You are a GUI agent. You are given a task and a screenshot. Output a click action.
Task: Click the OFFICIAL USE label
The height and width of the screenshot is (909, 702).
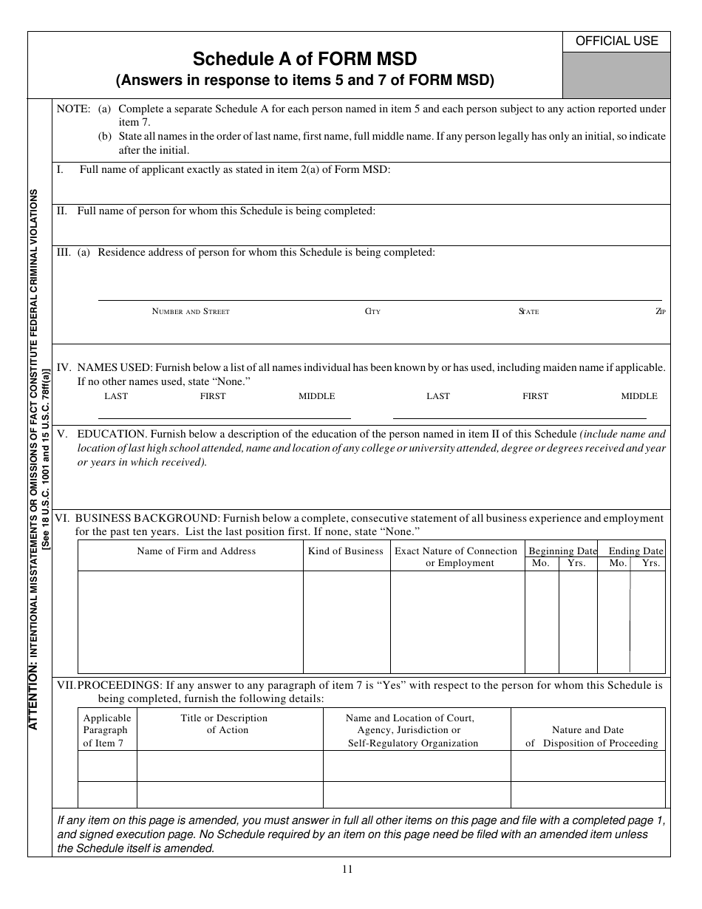coord(616,41)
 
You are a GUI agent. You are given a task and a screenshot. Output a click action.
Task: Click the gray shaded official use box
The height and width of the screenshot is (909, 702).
coord(616,75)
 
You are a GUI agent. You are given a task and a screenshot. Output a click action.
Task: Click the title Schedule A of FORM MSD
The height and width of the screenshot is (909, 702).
coord(304,59)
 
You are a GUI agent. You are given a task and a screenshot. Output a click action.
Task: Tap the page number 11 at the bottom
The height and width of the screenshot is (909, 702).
coord(347,869)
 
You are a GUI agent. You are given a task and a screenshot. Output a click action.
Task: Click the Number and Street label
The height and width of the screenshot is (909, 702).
coord(191,312)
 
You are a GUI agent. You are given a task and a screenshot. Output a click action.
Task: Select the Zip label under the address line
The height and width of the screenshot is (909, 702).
coord(661,312)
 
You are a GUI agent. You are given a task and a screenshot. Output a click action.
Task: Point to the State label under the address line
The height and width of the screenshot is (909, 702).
coord(528,312)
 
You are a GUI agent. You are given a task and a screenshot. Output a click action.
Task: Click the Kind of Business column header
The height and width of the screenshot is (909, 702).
coord(346,551)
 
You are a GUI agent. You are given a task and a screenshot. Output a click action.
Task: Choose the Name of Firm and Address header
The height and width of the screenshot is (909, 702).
coord(197,551)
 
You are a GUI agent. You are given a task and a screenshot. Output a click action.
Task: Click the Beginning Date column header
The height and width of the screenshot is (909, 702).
coord(562,551)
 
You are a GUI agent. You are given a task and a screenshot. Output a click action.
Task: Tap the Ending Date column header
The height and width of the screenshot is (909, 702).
coord(635,551)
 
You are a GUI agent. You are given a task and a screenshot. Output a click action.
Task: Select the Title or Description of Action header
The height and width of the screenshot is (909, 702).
coord(224,724)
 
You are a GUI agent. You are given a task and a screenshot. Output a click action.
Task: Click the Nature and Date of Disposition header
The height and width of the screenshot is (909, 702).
coord(587,736)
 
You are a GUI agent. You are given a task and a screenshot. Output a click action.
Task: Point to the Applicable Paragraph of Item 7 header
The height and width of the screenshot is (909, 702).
coord(107,730)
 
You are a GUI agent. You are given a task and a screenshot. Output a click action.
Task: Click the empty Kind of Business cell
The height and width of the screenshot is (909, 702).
coord(346,622)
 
